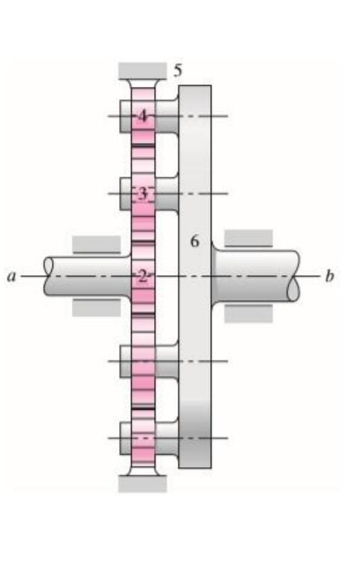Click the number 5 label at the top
coord(178,71)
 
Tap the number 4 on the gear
coord(143,115)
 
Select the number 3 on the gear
coord(143,194)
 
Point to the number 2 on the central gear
coord(142,276)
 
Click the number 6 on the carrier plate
coord(194,241)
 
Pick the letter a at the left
coord(10,277)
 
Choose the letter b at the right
coord(329,276)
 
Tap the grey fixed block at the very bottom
coord(143,483)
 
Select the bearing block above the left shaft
coord(97,244)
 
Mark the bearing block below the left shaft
coord(97,307)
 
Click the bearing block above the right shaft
coord(248,238)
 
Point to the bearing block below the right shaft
coord(248,313)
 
